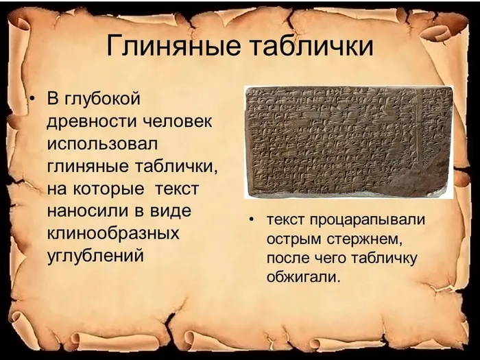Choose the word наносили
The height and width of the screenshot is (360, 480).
pyautogui.click(x=84, y=211)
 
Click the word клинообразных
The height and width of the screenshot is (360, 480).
pyautogui.click(x=112, y=233)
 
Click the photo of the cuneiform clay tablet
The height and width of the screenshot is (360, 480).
pyautogui.click(x=348, y=142)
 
